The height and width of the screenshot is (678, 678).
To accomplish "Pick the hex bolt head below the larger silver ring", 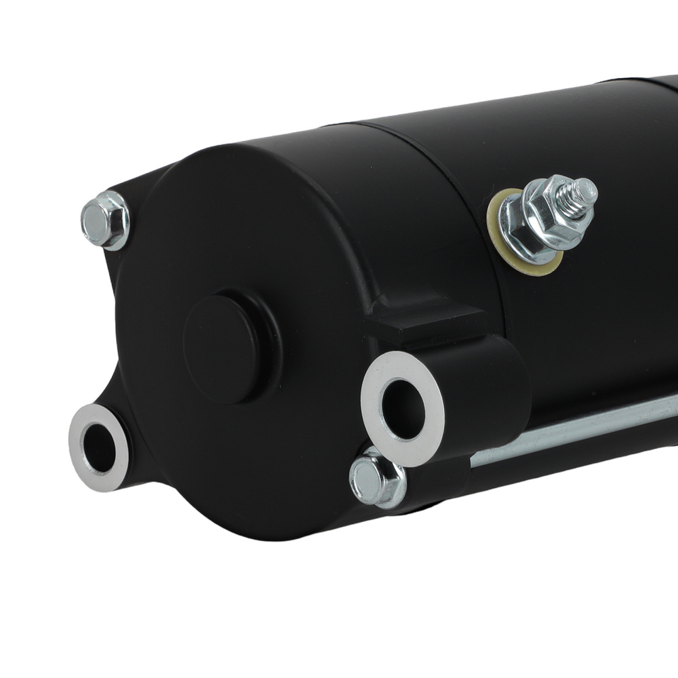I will coord(376,478).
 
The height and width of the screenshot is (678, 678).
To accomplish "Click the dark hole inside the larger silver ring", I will coord(403,409).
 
